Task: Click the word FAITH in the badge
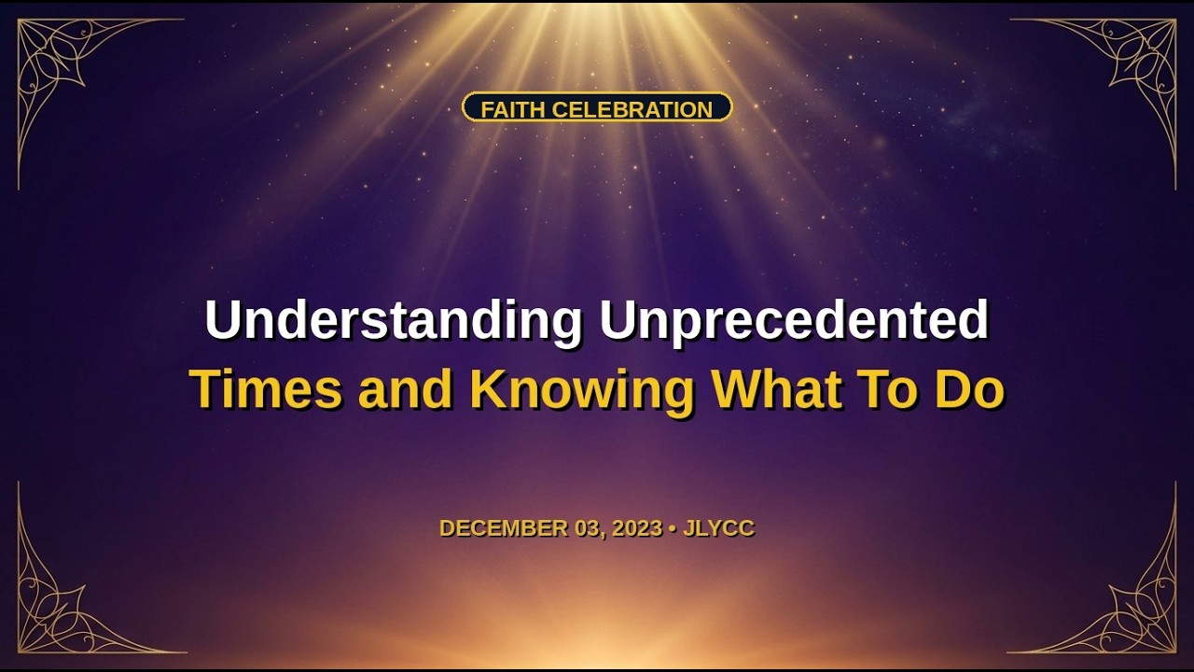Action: point(513,110)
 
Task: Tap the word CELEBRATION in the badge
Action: point(632,110)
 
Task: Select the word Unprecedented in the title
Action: point(794,320)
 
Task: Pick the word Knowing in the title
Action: point(583,391)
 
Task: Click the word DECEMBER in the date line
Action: point(504,528)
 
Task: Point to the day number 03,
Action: point(590,528)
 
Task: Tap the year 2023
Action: point(637,528)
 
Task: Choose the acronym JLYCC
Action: point(718,528)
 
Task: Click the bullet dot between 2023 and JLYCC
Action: point(673,528)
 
